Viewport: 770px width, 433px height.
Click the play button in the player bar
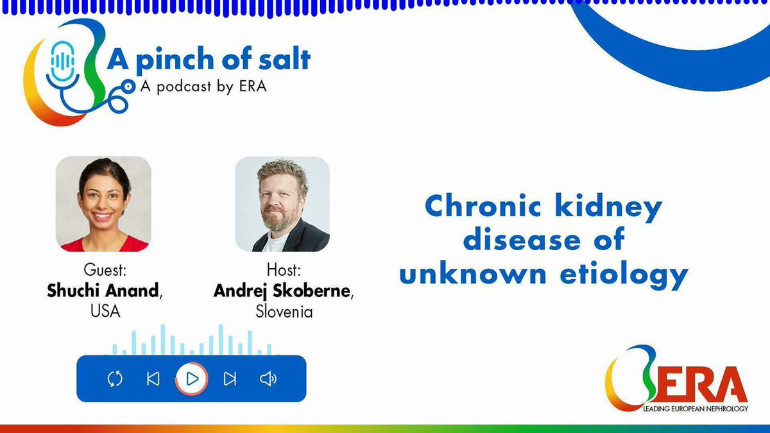(x=191, y=378)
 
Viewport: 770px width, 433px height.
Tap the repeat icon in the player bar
(x=115, y=378)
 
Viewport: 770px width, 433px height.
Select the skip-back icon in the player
(x=153, y=379)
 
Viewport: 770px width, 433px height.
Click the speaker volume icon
(x=268, y=379)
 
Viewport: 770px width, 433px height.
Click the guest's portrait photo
(x=103, y=204)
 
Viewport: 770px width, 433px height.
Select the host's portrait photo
(x=282, y=204)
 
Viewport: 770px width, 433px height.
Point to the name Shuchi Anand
(x=103, y=291)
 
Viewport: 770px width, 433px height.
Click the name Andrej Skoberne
(x=282, y=291)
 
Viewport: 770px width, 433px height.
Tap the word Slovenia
(x=284, y=311)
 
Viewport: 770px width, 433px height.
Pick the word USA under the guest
(x=105, y=311)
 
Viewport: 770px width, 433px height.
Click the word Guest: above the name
(x=105, y=270)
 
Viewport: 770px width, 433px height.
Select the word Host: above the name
(x=284, y=270)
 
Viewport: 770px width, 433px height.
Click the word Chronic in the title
(x=483, y=205)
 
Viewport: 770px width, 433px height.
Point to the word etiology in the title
(x=624, y=275)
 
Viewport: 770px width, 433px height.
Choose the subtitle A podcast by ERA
(x=203, y=87)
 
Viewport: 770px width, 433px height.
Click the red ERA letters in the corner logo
(x=701, y=384)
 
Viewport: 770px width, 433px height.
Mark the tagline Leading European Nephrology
(x=696, y=409)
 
